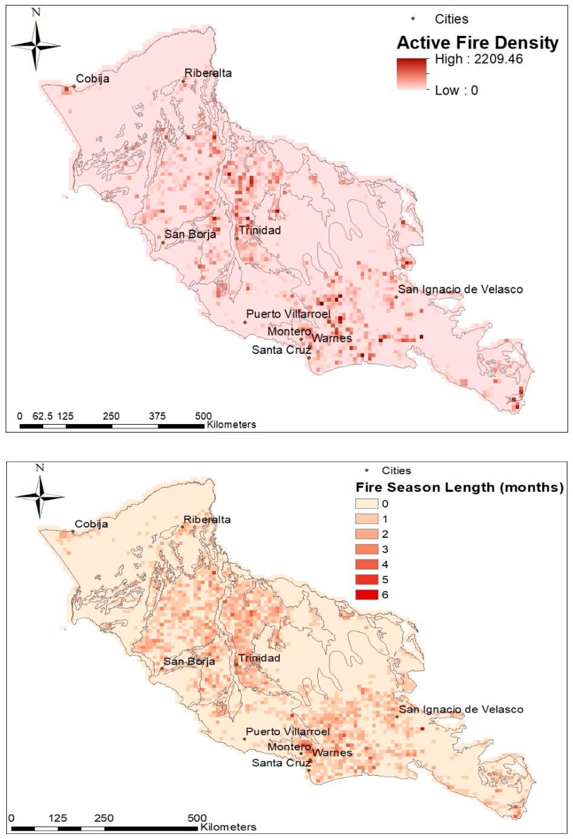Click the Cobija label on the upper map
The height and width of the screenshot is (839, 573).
coord(92,79)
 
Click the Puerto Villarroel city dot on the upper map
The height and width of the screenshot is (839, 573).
coord(245,322)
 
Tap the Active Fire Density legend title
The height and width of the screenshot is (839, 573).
coord(477,43)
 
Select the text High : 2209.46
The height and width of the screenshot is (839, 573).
coord(479,59)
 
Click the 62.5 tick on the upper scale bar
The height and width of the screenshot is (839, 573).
coord(43,416)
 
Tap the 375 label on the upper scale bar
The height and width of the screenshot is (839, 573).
coord(157,416)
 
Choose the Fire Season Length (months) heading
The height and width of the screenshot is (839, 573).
coord(459,487)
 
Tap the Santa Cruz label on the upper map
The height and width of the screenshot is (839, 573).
coord(281,350)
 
